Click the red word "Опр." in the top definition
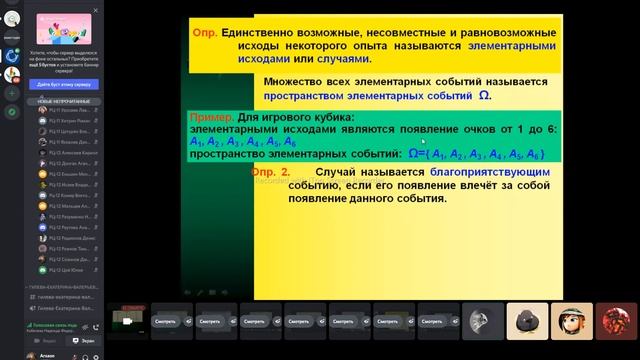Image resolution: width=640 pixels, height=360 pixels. click(210, 30)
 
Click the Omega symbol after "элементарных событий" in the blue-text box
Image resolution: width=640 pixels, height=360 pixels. click(485, 98)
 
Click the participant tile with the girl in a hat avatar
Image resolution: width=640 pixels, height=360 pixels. click(573, 320)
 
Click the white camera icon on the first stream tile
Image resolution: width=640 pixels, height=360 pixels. click(127, 320)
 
